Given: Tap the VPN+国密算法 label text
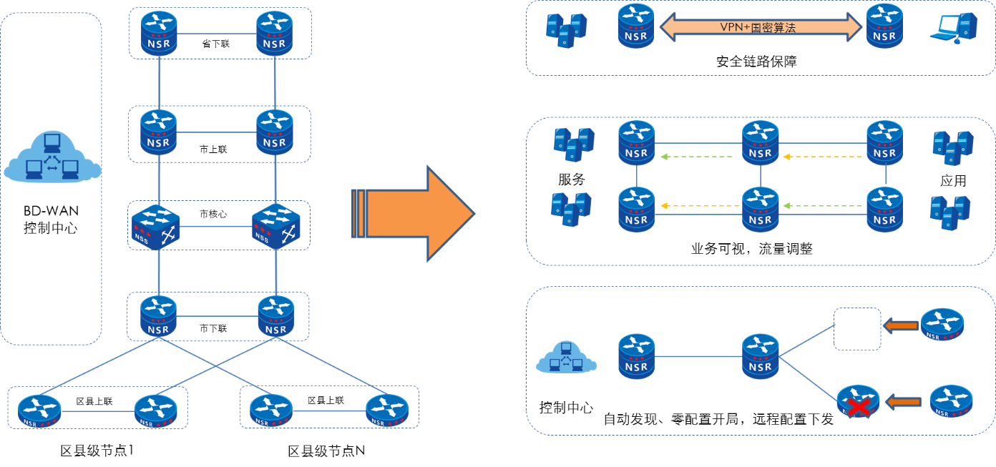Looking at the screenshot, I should tap(758, 27).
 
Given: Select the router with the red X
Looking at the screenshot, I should tap(858, 402).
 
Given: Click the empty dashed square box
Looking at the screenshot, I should tap(857, 329).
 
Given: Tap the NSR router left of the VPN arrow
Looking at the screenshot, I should tap(636, 26).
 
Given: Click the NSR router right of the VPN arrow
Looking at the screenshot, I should tap(884, 26).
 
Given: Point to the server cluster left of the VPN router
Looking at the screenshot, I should tap(567, 29).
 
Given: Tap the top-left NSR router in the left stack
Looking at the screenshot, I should tap(159, 31).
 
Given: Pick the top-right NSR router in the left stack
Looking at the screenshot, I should tap(275, 31).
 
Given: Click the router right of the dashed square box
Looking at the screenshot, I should tap(942, 324).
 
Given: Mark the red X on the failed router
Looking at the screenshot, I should tap(859, 407).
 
